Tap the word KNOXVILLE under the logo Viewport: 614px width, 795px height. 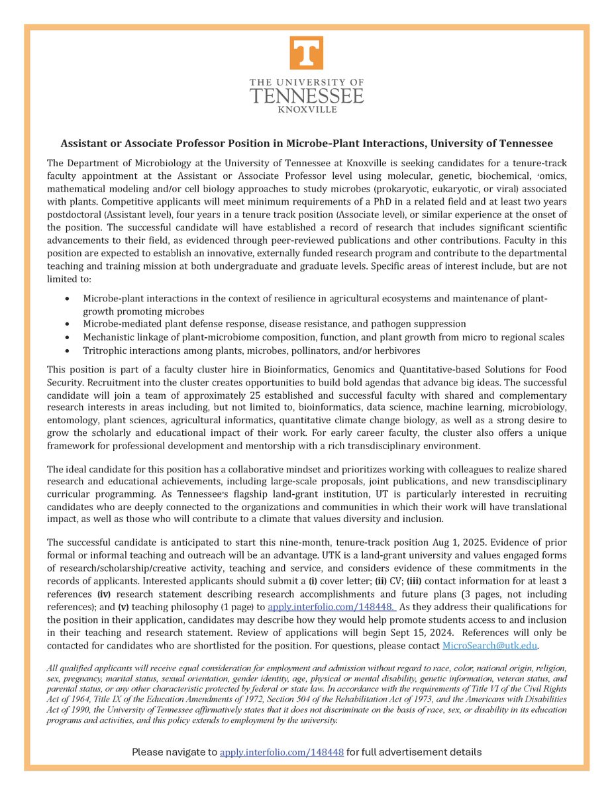coord(307,109)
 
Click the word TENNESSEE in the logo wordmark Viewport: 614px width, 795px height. coord(307,95)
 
